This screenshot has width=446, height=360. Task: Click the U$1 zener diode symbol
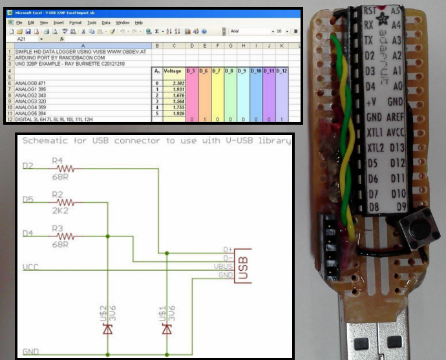(x=167, y=330)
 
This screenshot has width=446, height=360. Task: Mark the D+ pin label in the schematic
(x=226, y=249)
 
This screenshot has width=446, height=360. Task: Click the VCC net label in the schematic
(x=30, y=266)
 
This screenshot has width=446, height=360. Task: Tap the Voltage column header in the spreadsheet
(x=173, y=70)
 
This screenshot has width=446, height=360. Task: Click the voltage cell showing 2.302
(x=173, y=83)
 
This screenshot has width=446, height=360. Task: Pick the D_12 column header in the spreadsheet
(x=282, y=70)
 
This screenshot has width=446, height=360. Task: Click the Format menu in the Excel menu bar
(x=75, y=23)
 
